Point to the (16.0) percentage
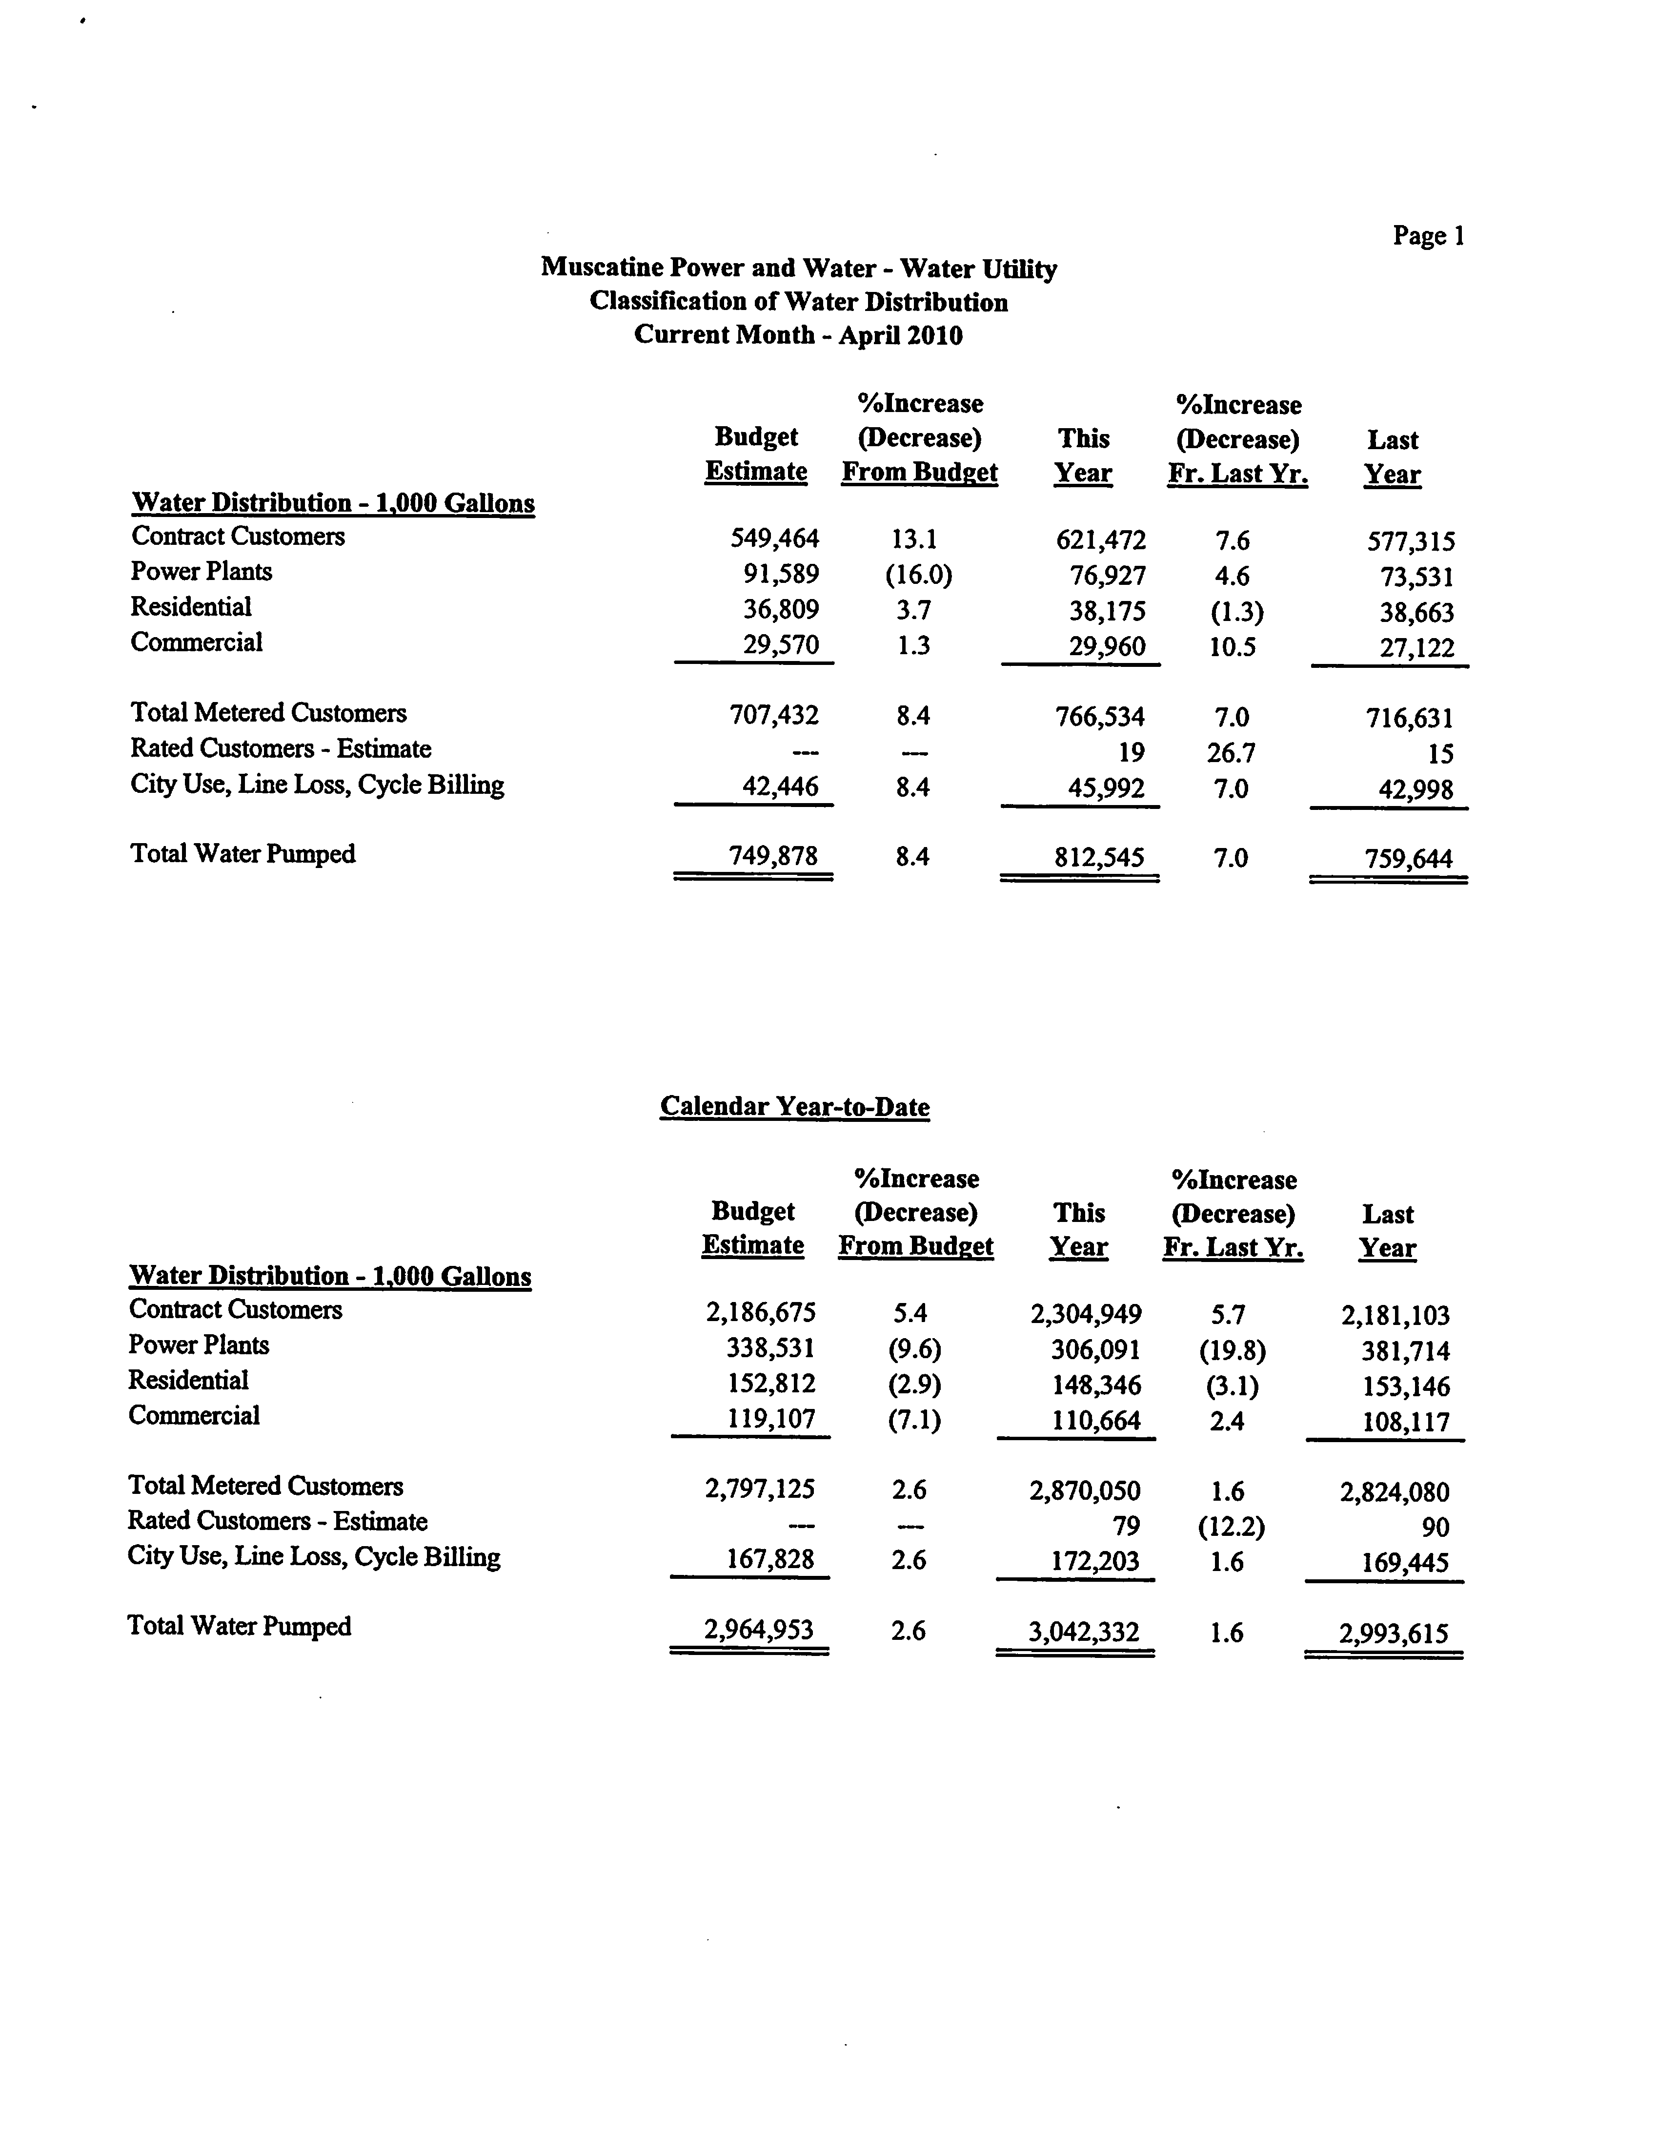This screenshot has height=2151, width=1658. click(x=918, y=574)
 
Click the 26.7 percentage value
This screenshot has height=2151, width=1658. click(x=1231, y=752)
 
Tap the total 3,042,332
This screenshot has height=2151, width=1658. click(x=1083, y=1632)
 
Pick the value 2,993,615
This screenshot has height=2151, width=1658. click(x=1393, y=1634)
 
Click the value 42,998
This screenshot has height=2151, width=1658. click(x=1416, y=789)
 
